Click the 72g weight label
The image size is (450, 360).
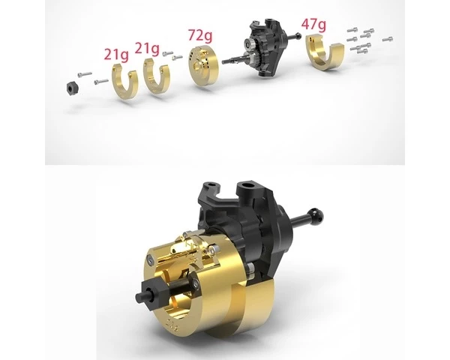(200, 35)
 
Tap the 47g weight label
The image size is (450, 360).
(313, 25)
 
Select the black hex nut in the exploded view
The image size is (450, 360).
(71, 88)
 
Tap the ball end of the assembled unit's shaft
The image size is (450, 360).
(316, 214)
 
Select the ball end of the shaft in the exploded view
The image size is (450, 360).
(298, 36)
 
